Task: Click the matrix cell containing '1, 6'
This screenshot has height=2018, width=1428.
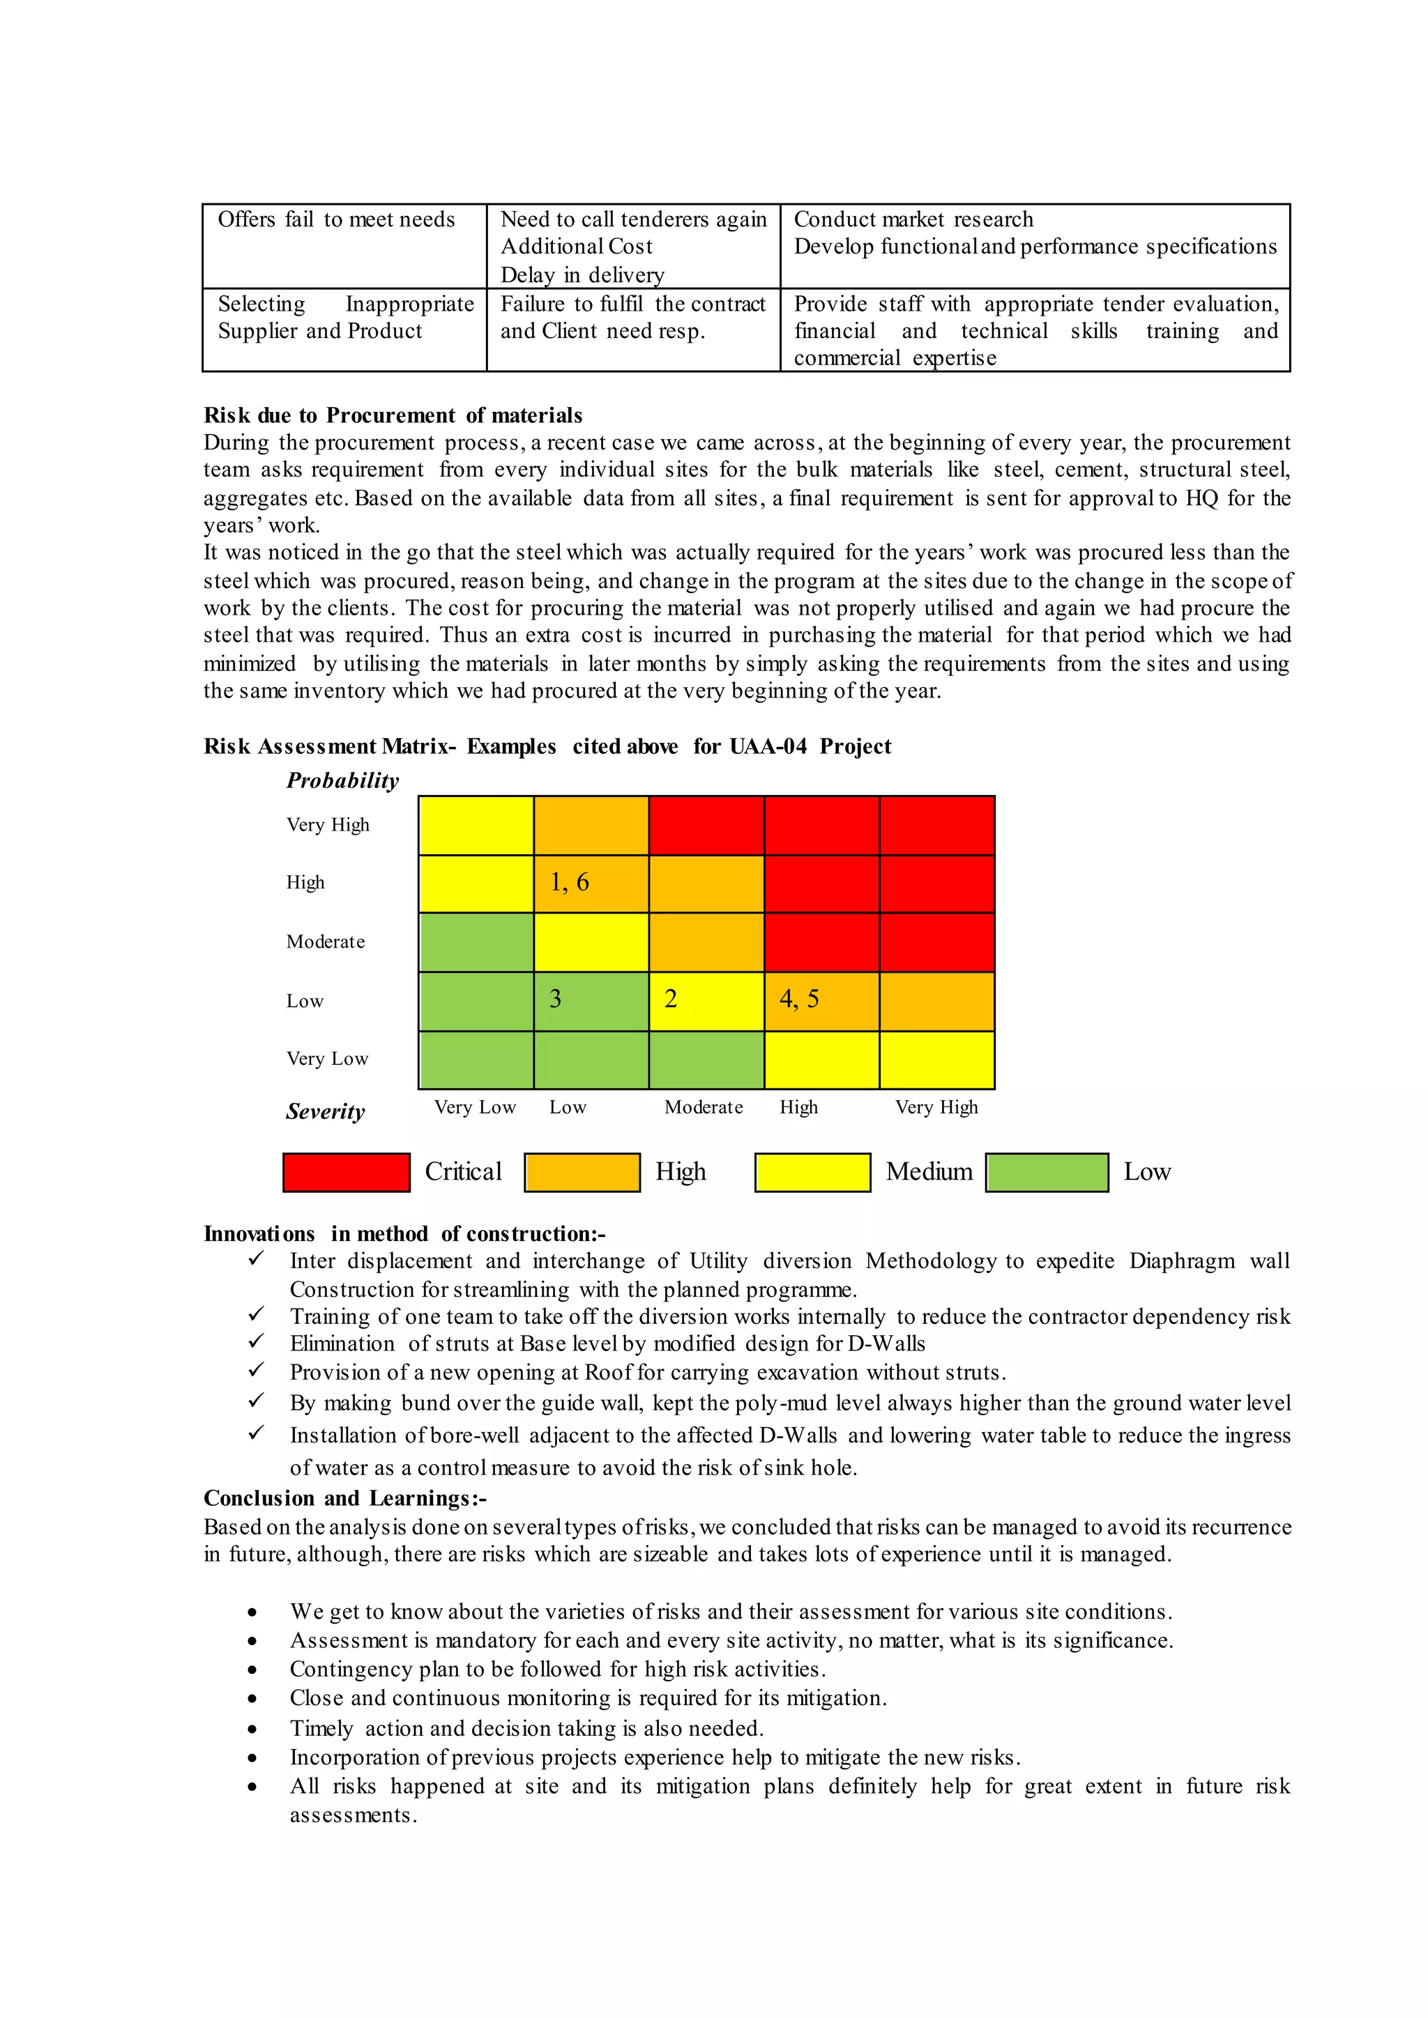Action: [591, 884]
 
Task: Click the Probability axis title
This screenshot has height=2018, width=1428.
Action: [342, 780]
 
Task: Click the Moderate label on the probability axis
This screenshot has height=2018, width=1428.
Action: [326, 941]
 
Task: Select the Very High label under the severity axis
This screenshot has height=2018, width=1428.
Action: [936, 1107]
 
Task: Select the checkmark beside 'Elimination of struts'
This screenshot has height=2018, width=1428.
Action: [256, 1341]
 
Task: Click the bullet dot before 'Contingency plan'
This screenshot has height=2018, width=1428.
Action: [252, 1670]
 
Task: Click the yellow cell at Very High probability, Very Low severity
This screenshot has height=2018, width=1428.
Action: [476, 825]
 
